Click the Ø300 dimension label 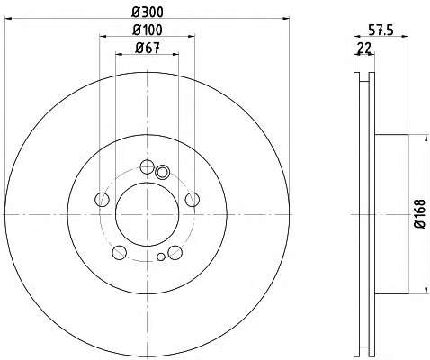click(x=148, y=12)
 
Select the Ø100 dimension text click(x=148, y=30)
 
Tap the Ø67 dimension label click(x=148, y=48)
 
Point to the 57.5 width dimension click(x=381, y=30)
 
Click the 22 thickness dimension click(x=363, y=48)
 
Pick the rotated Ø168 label click(x=420, y=214)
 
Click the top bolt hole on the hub click(x=148, y=166)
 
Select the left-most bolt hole click(x=102, y=199)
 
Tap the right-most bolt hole click(x=193, y=199)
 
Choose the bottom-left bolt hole click(x=119, y=252)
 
